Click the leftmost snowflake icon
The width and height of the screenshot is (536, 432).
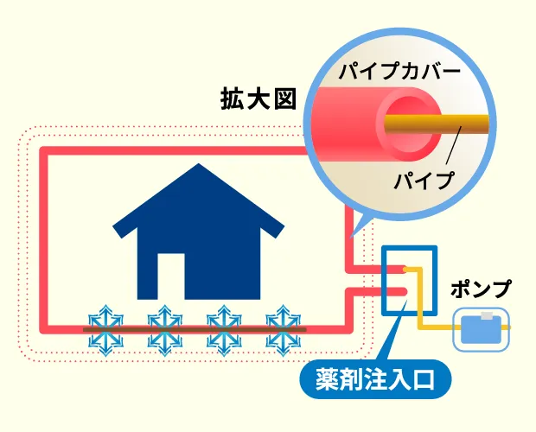point(107,329)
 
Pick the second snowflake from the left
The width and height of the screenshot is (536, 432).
point(164,329)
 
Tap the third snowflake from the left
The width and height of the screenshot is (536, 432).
point(222,329)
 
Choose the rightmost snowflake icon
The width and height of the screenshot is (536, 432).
point(280,329)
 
